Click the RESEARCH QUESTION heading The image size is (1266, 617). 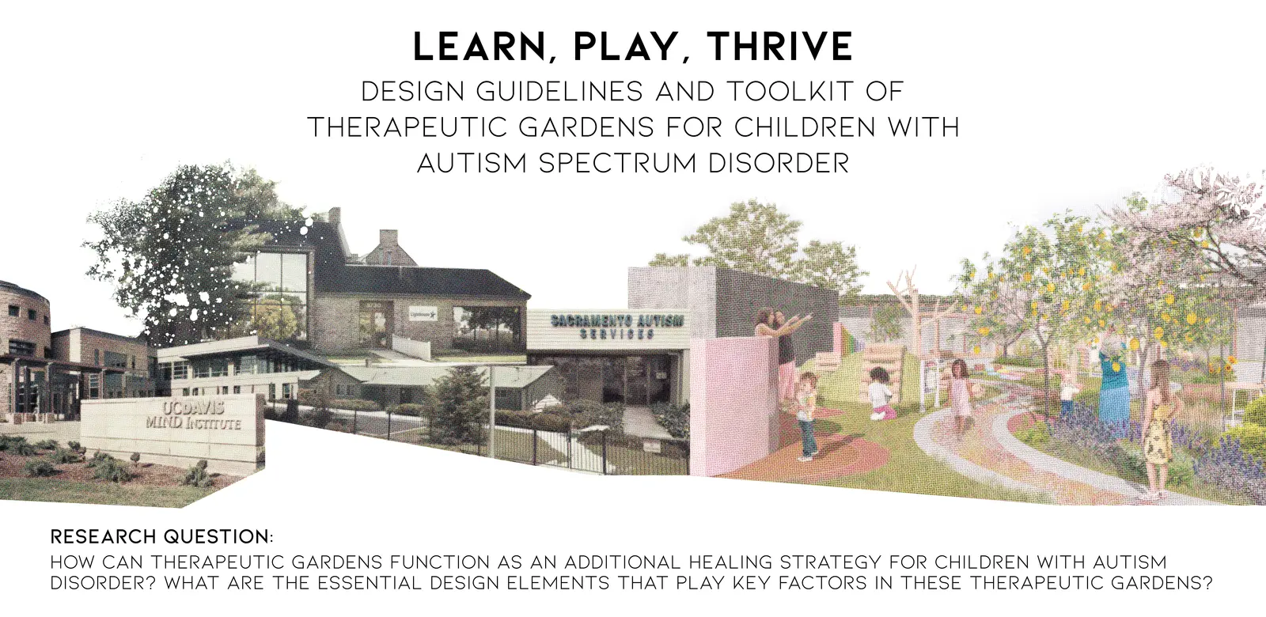pyautogui.click(x=161, y=536)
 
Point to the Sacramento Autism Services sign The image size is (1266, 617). pyautogui.click(x=616, y=327)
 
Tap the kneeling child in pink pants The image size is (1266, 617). pyautogui.click(x=880, y=392)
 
